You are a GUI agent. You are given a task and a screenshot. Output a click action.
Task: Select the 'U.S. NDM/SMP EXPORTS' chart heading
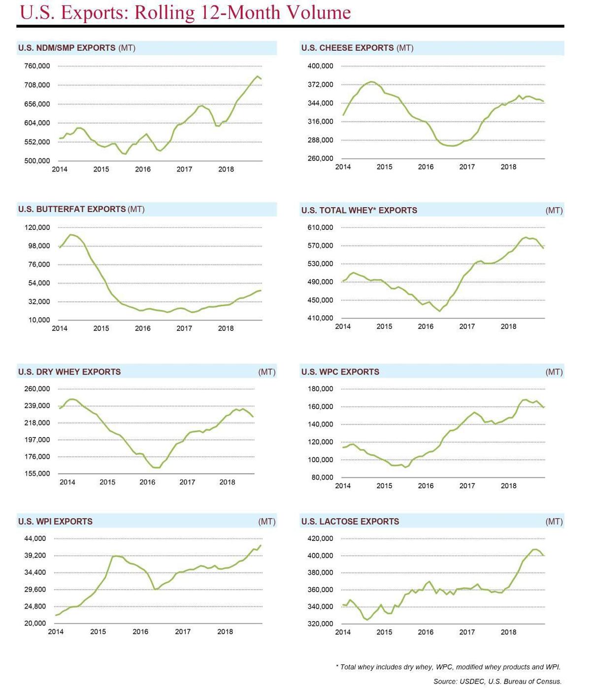(67, 48)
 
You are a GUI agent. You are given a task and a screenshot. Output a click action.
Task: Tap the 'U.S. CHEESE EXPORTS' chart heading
(347, 48)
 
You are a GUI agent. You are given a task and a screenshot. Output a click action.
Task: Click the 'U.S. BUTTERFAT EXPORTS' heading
(72, 209)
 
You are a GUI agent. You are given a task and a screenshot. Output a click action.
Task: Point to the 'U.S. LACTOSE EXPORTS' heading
(350, 521)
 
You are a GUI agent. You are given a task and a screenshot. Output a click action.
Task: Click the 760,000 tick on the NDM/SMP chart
(37, 66)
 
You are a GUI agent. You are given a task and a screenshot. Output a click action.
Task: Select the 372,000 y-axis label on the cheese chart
(320, 85)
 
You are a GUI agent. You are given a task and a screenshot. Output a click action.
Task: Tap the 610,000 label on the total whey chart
(320, 227)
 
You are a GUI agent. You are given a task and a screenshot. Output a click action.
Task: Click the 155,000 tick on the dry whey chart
(37, 473)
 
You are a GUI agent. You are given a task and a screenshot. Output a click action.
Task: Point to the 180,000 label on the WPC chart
(320, 389)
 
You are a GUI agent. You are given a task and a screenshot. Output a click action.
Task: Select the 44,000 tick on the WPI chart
(35, 538)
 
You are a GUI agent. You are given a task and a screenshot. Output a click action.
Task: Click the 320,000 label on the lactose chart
(320, 624)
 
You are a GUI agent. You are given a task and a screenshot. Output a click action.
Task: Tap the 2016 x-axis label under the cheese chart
(426, 167)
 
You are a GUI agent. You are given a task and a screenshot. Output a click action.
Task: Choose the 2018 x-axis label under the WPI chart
(225, 631)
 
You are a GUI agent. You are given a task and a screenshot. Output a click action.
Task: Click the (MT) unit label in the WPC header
(554, 372)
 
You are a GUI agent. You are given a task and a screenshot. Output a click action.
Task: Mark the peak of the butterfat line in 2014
(71, 235)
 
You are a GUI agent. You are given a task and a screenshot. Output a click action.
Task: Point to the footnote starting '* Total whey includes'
(448, 667)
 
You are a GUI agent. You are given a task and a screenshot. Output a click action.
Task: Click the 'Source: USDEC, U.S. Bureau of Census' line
(497, 682)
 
